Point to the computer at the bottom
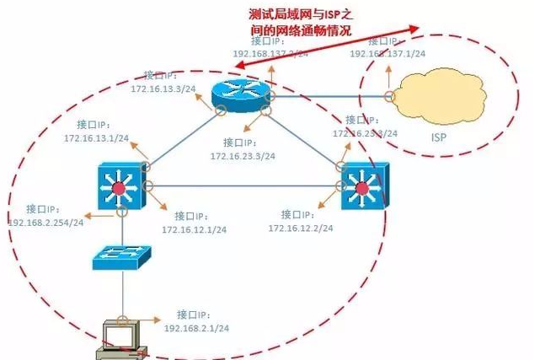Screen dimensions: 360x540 click(118, 336)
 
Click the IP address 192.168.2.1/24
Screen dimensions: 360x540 click(197, 326)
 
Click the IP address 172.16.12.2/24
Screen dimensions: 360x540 click(300, 228)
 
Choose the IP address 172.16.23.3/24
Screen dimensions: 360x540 click(243, 156)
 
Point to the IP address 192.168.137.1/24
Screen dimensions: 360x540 click(387, 53)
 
